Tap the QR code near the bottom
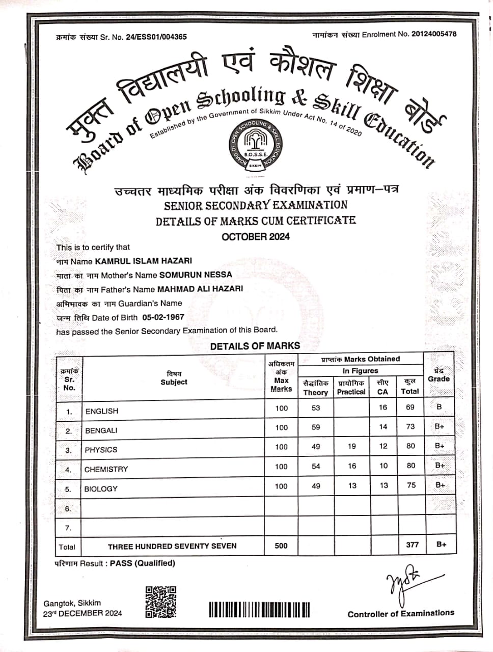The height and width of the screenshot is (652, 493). tap(161, 602)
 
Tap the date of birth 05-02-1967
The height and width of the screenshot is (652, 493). tap(163, 317)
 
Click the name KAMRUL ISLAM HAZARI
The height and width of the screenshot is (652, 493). tap(143, 261)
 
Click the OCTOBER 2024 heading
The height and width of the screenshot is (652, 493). tap(256, 236)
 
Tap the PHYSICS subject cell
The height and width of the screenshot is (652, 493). tap(101, 450)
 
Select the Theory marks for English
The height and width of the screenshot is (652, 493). tap(316, 407)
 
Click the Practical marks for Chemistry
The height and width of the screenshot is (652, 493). tap(352, 466)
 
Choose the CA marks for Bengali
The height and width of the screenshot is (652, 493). tap(383, 427)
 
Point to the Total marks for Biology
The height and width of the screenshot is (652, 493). tap(411, 485)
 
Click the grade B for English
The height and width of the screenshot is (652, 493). tap(440, 407)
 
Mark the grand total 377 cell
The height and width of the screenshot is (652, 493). tap(412, 545)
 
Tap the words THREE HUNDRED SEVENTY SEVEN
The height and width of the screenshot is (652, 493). tap(172, 546)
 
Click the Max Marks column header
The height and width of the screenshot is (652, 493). tap(281, 385)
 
